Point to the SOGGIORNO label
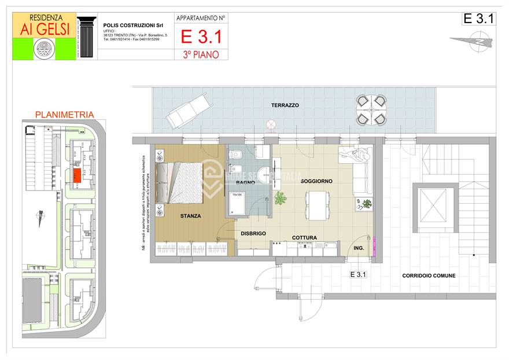pos(316,181)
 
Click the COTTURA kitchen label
pos(304,238)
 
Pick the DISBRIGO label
pos(253,233)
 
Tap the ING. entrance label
pos(359,248)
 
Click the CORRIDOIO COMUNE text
pos(429,276)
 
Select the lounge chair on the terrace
pos(187,111)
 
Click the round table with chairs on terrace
pos(371,110)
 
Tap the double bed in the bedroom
pos(179,182)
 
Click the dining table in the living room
pos(316,205)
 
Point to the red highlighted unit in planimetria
pos(76,174)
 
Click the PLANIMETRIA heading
pos(64,115)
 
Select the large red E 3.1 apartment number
pos(201,36)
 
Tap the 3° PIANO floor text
pos(201,54)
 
